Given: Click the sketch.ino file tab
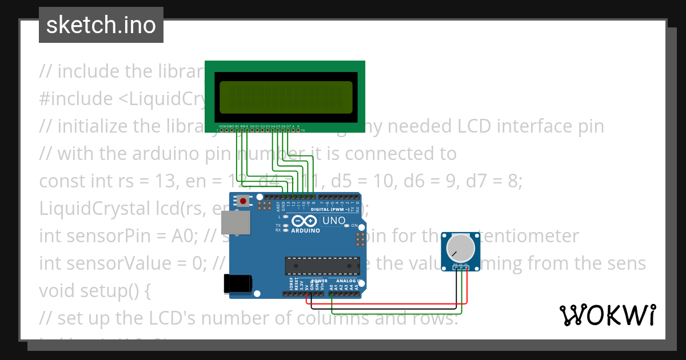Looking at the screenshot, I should click(x=101, y=25).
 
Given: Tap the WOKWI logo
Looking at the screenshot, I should click(x=607, y=315).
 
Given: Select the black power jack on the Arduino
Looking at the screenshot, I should click(x=238, y=283).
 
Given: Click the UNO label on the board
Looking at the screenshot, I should click(x=334, y=221).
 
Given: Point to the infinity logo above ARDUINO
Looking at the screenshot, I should click(x=304, y=221).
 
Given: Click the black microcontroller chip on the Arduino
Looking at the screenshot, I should click(x=321, y=266).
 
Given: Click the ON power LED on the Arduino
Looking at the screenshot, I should click(x=346, y=226).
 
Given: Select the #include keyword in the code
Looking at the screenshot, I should click(x=75, y=98).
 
